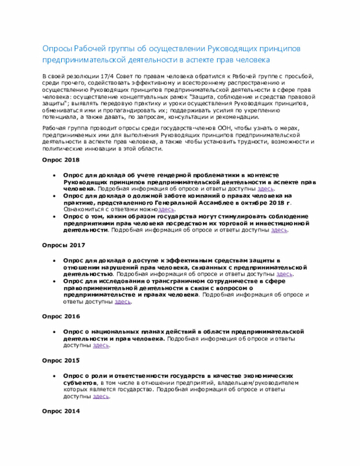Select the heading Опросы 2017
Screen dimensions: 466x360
coord(63,245)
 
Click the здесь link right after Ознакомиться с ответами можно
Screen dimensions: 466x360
coord(166,209)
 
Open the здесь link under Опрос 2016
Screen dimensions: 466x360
coord(101,345)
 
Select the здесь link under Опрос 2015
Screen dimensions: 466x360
coord(101,396)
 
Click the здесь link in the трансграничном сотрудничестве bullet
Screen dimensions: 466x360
coord(123,302)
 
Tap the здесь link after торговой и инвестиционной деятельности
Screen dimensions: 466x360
coord(280,230)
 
